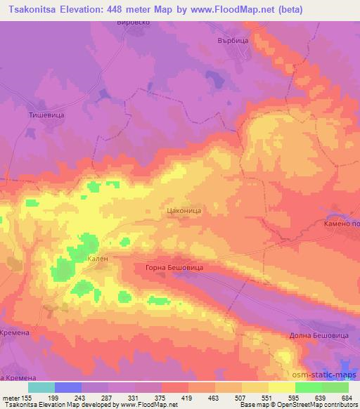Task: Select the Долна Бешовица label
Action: coord(319,336)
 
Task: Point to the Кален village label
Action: coord(97,259)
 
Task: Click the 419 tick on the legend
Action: coord(188,398)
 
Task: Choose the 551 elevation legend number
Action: coord(268,398)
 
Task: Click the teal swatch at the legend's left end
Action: coord(41,387)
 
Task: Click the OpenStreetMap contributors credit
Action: coord(321,405)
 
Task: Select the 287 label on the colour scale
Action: coord(109,398)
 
